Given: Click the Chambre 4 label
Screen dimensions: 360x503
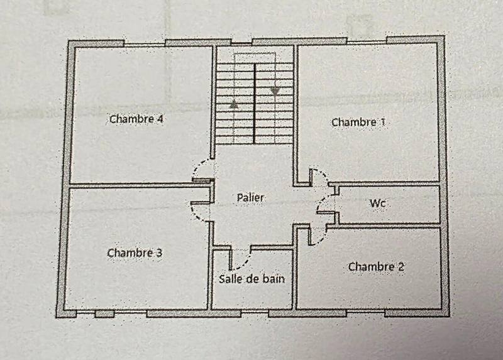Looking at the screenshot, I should pyautogui.click(x=136, y=118).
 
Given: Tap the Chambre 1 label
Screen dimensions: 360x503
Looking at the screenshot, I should pyautogui.click(x=358, y=122).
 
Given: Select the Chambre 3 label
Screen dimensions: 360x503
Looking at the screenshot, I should pyautogui.click(x=135, y=253).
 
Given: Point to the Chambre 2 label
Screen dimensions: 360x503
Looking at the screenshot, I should pyautogui.click(x=376, y=267).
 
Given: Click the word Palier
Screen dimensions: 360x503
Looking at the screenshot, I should pyautogui.click(x=251, y=197).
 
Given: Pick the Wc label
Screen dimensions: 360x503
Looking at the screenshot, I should pyautogui.click(x=378, y=204).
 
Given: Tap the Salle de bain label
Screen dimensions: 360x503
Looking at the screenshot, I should pyautogui.click(x=251, y=278).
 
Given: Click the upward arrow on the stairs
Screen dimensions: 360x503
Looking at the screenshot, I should pyautogui.click(x=234, y=104).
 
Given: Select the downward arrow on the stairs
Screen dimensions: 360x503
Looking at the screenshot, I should pyautogui.click(x=275, y=90).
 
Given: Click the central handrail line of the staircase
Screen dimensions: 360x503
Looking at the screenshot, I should pyautogui.click(x=255, y=104).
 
